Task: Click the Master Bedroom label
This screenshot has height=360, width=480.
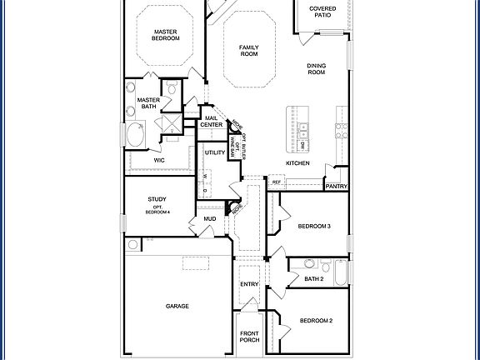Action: [167, 34]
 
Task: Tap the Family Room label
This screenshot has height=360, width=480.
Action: [248, 50]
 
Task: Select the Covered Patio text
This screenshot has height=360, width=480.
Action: [322, 12]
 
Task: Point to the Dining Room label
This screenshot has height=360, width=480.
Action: [316, 69]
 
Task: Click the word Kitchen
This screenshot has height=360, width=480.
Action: [298, 163]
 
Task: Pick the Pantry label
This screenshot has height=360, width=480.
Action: [337, 187]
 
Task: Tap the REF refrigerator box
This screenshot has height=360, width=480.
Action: [276, 182]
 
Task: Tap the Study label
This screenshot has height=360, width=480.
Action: [157, 199]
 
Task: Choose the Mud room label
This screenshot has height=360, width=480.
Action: [210, 220]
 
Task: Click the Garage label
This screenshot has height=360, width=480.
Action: [177, 306]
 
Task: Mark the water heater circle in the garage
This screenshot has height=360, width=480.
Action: [133, 244]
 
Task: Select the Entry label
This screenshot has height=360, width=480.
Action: [249, 285]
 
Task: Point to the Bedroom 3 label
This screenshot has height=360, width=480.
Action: [314, 226]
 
